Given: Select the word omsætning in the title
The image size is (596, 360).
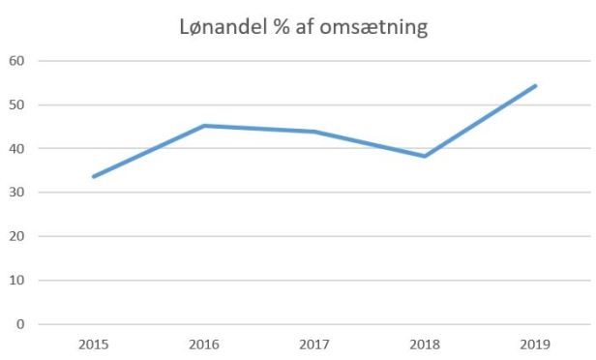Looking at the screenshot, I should coord(375,28).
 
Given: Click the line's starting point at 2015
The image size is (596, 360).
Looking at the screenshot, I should coord(94,176).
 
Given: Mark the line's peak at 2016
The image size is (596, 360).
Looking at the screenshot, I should coord(204,126).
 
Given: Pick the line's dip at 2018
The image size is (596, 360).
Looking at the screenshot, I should coord(425,156).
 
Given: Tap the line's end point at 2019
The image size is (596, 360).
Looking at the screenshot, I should coord(535,86).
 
